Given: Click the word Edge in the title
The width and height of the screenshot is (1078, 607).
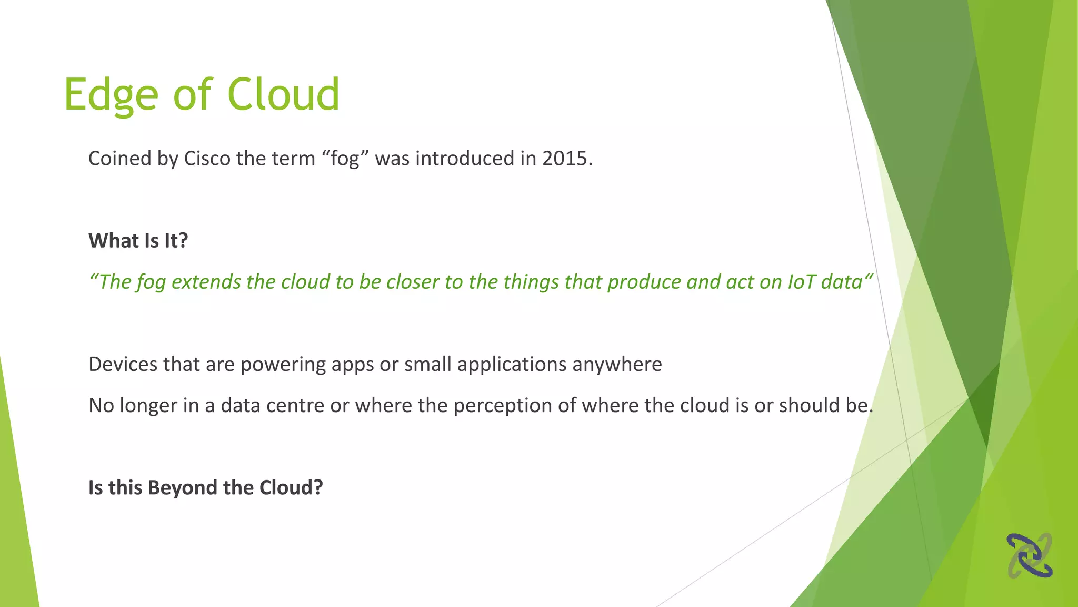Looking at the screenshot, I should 111,95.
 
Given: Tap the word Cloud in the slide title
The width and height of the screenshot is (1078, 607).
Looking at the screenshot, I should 283,95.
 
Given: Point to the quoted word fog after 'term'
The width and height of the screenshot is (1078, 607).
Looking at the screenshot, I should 345,159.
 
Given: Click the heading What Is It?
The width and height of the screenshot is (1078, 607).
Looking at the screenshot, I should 138,241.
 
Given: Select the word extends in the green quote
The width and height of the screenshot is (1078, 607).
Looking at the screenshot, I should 206,282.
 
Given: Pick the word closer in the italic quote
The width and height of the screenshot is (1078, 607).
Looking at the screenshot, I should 413,282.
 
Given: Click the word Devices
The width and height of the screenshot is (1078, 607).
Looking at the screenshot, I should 123,364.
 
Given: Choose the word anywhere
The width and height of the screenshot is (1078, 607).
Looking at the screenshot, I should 617,364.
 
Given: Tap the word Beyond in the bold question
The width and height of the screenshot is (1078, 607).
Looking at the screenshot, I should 183,487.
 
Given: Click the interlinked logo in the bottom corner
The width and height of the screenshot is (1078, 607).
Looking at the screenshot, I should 1030,555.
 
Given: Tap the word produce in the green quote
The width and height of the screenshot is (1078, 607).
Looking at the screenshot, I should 644,282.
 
